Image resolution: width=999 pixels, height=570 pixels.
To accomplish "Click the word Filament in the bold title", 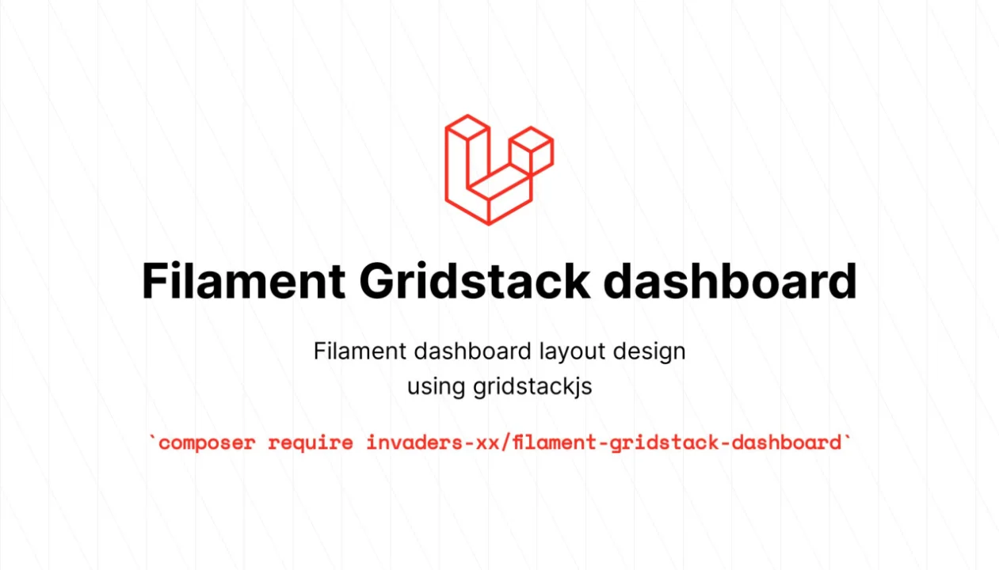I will [x=243, y=281].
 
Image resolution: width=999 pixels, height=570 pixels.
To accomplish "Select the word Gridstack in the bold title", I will [x=475, y=281].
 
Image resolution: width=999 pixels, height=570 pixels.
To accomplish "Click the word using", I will [x=437, y=387].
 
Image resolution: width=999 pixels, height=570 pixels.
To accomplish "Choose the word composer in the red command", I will [x=207, y=443].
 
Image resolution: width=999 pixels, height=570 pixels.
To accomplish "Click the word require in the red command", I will [x=310, y=443].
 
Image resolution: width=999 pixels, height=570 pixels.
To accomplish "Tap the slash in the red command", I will [x=505, y=443].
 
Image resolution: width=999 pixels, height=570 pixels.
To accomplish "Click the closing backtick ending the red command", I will [x=847, y=438].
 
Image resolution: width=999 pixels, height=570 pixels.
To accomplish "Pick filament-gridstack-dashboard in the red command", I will [x=676, y=443].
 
